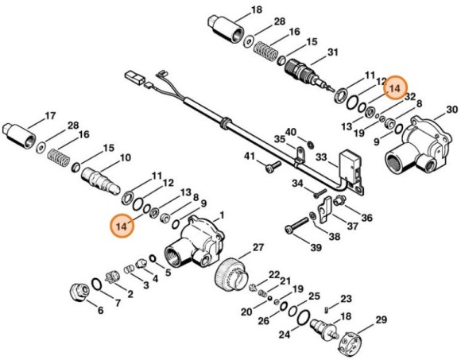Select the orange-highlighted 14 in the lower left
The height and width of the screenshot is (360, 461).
(122, 226)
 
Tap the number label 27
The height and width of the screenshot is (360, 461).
(258, 248)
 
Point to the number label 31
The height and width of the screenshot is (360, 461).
(332, 52)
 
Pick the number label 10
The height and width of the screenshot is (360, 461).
(125, 159)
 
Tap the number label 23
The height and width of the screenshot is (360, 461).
(346, 299)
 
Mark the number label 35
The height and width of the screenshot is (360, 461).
(279, 139)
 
